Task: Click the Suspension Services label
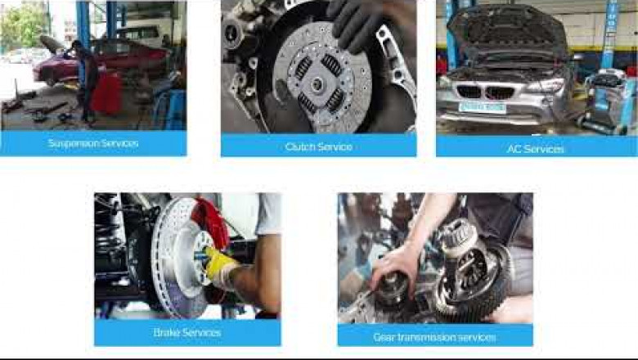(x=93, y=143)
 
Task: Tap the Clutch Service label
(x=318, y=146)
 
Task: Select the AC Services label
(x=536, y=148)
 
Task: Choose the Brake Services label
(x=187, y=332)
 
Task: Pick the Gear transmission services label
(x=434, y=336)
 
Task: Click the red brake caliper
(x=211, y=222)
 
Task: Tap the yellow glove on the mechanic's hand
(x=220, y=263)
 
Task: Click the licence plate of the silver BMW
(x=482, y=106)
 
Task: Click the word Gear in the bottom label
(x=384, y=336)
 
